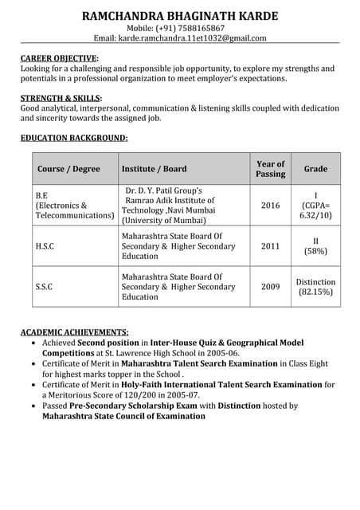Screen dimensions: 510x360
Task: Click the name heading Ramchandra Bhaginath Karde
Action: pyautogui.click(x=179, y=16)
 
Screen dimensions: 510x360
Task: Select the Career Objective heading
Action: pyautogui.click(x=60, y=58)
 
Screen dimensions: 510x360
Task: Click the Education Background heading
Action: pyautogui.click(x=73, y=138)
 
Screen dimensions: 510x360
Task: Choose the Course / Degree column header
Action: pyautogui.click(x=68, y=169)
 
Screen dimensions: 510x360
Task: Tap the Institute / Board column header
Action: pyautogui.click(x=154, y=169)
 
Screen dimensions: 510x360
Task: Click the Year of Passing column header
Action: pyautogui.click(x=270, y=169)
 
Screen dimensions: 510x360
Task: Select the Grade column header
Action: pyautogui.click(x=315, y=169)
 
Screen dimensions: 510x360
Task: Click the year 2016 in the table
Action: pyautogui.click(x=270, y=206)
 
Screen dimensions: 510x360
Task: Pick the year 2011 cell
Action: pyautogui.click(x=270, y=246)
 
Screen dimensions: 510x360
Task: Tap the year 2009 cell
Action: pyautogui.click(x=270, y=286)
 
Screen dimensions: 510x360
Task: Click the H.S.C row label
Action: pyautogui.click(x=45, y=246)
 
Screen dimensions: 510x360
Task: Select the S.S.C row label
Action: pyautogui.click(x=44, y=286)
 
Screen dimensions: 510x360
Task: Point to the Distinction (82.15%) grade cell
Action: pyautogui.click(x=315, y=287)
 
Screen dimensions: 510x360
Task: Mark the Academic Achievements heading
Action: pyautogui.click(x=74, y=331)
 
